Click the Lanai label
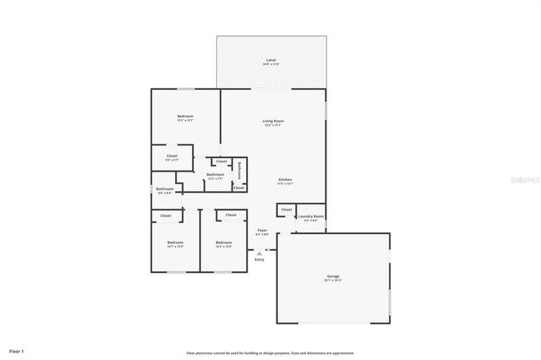270,61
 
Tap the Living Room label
273,122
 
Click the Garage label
333,276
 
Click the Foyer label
262,231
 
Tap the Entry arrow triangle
260,252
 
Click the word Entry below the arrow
260,259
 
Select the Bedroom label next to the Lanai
185,116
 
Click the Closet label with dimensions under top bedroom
172,156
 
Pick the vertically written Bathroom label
240,170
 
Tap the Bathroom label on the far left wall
165,189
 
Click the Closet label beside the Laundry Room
287,210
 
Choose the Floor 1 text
17,350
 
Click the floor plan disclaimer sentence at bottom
270,353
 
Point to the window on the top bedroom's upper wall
186,89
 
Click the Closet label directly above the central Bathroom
221,161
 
